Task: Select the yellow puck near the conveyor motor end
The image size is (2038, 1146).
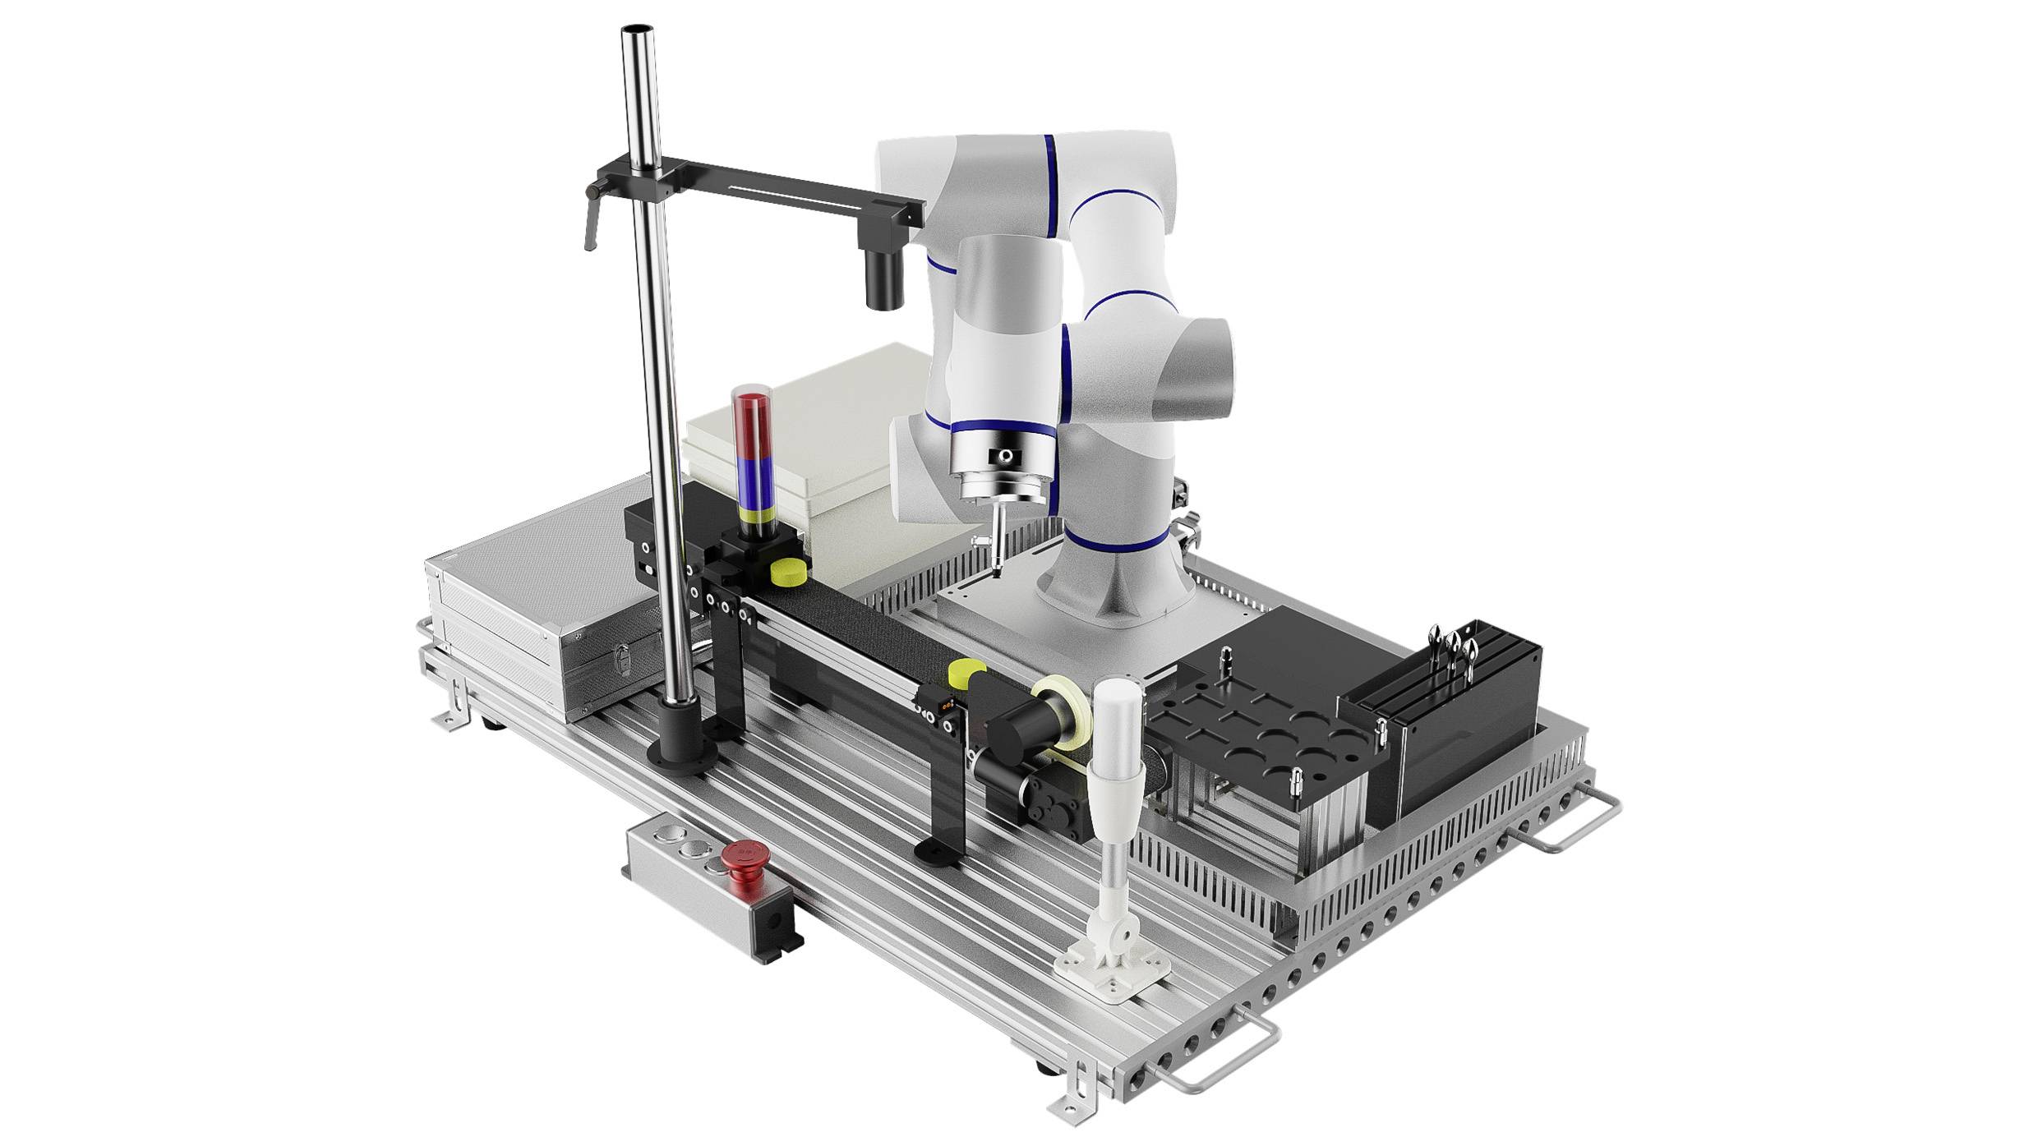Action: click(x=961, y=673)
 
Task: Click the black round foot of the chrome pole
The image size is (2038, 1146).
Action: click(x=681, y=748)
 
